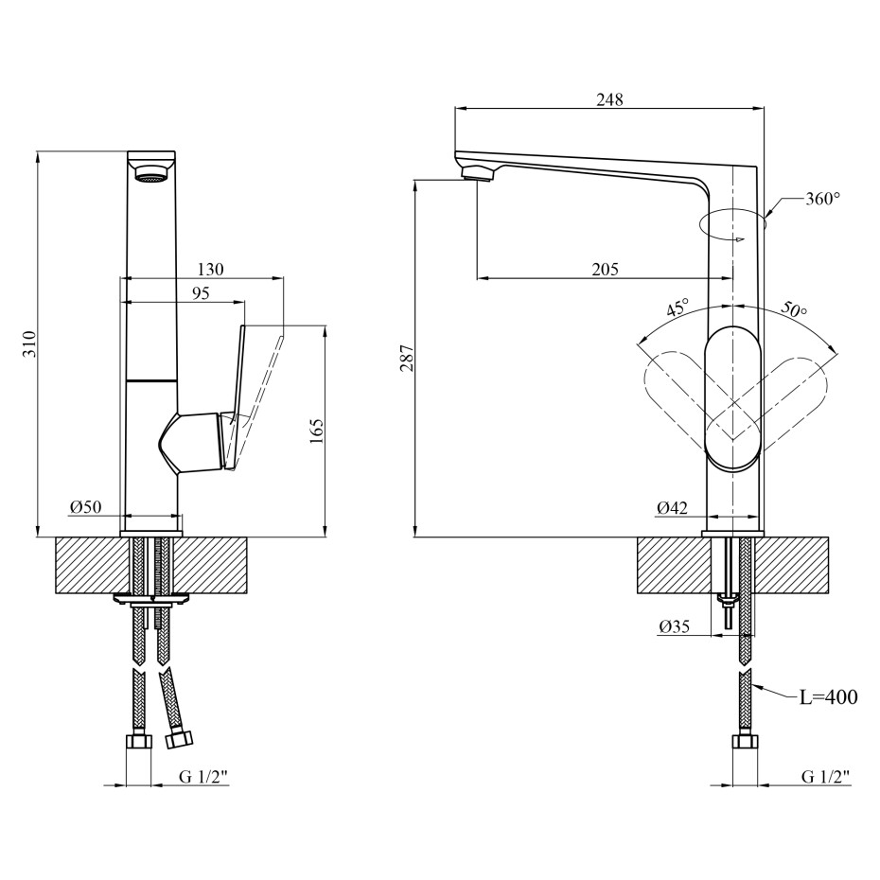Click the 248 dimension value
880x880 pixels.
[610, 98]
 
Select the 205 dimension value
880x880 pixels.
[605, 269]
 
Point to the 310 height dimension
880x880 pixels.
[28, 343]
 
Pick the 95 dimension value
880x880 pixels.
[200, 293]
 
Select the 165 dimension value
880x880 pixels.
[316, 431]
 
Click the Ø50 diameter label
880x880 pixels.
[85, 507]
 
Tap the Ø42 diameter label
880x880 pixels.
[672, 507]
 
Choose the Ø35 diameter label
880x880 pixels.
[674, 626]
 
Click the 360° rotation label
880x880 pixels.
[822, 199]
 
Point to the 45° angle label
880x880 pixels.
[678, 308]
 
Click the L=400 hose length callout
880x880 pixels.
[828, 698]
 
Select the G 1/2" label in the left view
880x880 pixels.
[203, 777]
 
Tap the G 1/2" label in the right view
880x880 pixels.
[825, 777]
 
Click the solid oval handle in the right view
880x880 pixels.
[732, 398]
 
